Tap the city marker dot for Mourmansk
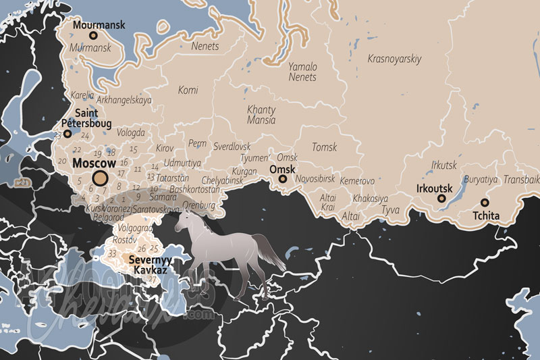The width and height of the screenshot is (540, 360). click(x=93, y=36)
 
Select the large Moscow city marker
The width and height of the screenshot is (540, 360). click(x=100, y=178)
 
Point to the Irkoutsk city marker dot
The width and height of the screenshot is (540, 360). click(x=441, y=199)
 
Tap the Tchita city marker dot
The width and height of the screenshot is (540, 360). click(x=485, y=203)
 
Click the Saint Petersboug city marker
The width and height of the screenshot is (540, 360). click(x=67, y=134)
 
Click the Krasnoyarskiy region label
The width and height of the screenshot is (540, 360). click(x=394, y=59)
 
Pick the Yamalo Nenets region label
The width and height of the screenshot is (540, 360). click(x=302, y=72)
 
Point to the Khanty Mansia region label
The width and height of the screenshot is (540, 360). click(x=261, y=115)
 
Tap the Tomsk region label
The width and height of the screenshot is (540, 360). click(x=324, y=147)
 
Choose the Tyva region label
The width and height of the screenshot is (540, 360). click(x=390, y=211)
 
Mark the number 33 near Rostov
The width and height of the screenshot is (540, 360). click(x=113, y=255)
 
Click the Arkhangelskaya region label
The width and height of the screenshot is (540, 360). click(x=124, y=100)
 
